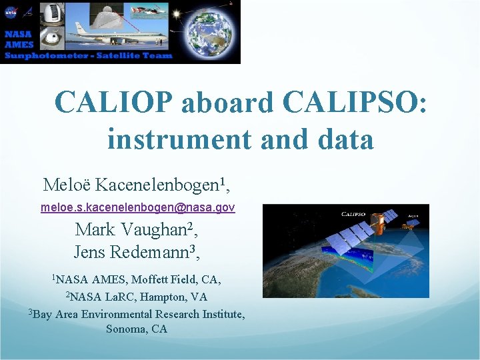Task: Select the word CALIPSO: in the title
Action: (355, 102)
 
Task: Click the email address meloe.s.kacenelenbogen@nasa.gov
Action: (137, 208)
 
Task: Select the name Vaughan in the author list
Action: (157, 230)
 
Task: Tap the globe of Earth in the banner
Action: (210, 31)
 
